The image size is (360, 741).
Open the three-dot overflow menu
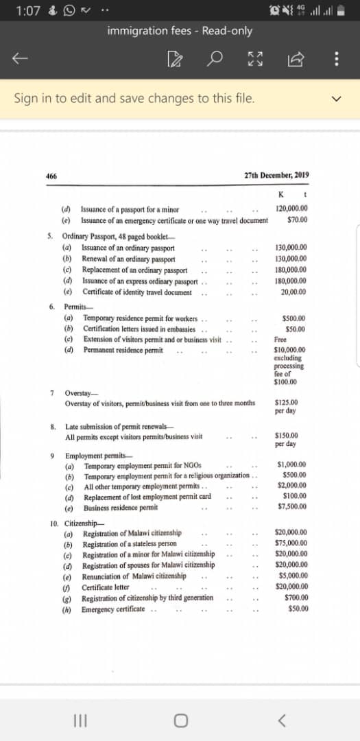(x=336, y=60)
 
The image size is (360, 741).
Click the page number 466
(x=51, y=176)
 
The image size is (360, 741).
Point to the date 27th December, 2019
(x=276, y=175)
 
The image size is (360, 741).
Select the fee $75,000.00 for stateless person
(x=291, y=543)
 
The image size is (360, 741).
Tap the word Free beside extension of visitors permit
(x=280, y=340)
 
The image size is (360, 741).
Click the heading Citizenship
(x=79, y=523)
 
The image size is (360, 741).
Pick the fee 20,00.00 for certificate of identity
(x=293, y=292)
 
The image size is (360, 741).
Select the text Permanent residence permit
(x=123, y=350)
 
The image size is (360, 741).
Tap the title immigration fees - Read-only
(x=180, y=31)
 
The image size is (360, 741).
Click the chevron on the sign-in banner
(x=336, y=99)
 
